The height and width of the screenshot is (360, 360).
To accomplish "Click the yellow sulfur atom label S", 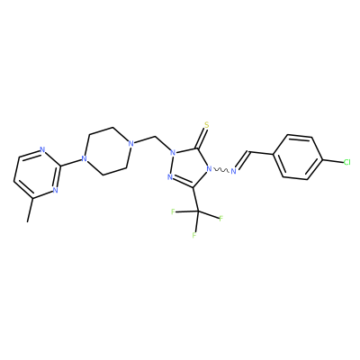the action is pos(206,124).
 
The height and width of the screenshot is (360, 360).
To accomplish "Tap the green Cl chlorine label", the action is pos(346,163).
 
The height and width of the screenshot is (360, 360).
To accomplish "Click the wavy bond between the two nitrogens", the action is pos(221,170).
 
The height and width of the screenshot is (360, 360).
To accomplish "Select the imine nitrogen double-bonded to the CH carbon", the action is pos(234,172).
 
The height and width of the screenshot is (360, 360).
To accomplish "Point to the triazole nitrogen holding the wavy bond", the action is pos(209,169).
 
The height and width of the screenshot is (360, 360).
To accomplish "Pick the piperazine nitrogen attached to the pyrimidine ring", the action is pos(84,158).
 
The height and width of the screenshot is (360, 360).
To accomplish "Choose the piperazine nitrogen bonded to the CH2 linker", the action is pos(130,143).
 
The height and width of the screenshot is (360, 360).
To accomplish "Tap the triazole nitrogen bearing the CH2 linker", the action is pos(173,153).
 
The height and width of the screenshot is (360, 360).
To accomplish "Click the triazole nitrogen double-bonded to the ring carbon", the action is pos(169,177).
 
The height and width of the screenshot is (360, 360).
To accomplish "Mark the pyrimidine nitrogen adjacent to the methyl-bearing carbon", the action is pos(55,190).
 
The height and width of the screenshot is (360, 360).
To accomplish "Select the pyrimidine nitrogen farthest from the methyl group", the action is pos(42,150).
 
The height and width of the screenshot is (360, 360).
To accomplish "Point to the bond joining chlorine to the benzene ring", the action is pos(333,161).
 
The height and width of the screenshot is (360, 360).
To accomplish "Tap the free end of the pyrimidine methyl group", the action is pos(28,222).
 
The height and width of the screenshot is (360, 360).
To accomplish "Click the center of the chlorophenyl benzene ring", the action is pos(298,157).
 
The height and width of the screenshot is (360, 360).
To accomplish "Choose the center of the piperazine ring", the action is pos(107,151).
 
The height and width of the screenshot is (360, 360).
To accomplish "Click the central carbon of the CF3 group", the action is pos(198,211).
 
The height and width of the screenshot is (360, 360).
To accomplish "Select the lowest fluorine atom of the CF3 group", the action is pos(194,235).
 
